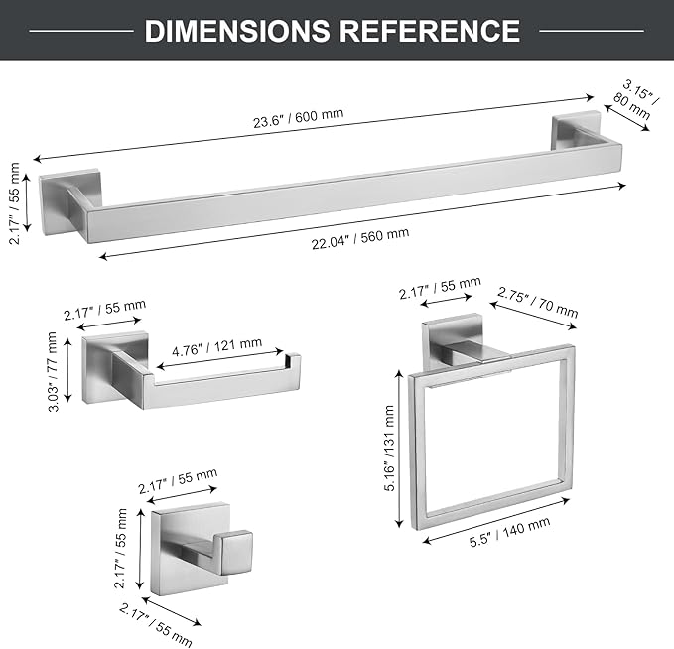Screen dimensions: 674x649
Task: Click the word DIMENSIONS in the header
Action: (237, 31)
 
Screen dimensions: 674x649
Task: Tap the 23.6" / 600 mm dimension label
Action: (298, 118)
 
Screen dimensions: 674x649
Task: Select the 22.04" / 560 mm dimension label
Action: (360, 238)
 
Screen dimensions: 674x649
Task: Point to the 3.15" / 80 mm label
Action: (634, 101)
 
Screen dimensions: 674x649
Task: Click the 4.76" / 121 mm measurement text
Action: (216, 347)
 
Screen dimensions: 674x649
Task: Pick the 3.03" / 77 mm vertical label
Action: (53, 371)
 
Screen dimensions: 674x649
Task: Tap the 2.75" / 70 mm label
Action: (538, 302)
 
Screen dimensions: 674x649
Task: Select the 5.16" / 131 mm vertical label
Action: (390, 449)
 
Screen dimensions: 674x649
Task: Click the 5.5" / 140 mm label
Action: (509, 532)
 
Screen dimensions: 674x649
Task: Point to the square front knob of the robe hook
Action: (237, 552)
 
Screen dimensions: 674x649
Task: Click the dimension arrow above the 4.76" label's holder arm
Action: (219, 359)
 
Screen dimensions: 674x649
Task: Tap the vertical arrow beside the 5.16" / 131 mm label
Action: (400, 449)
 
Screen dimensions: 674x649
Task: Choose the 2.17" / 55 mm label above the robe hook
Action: (178, 481)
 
